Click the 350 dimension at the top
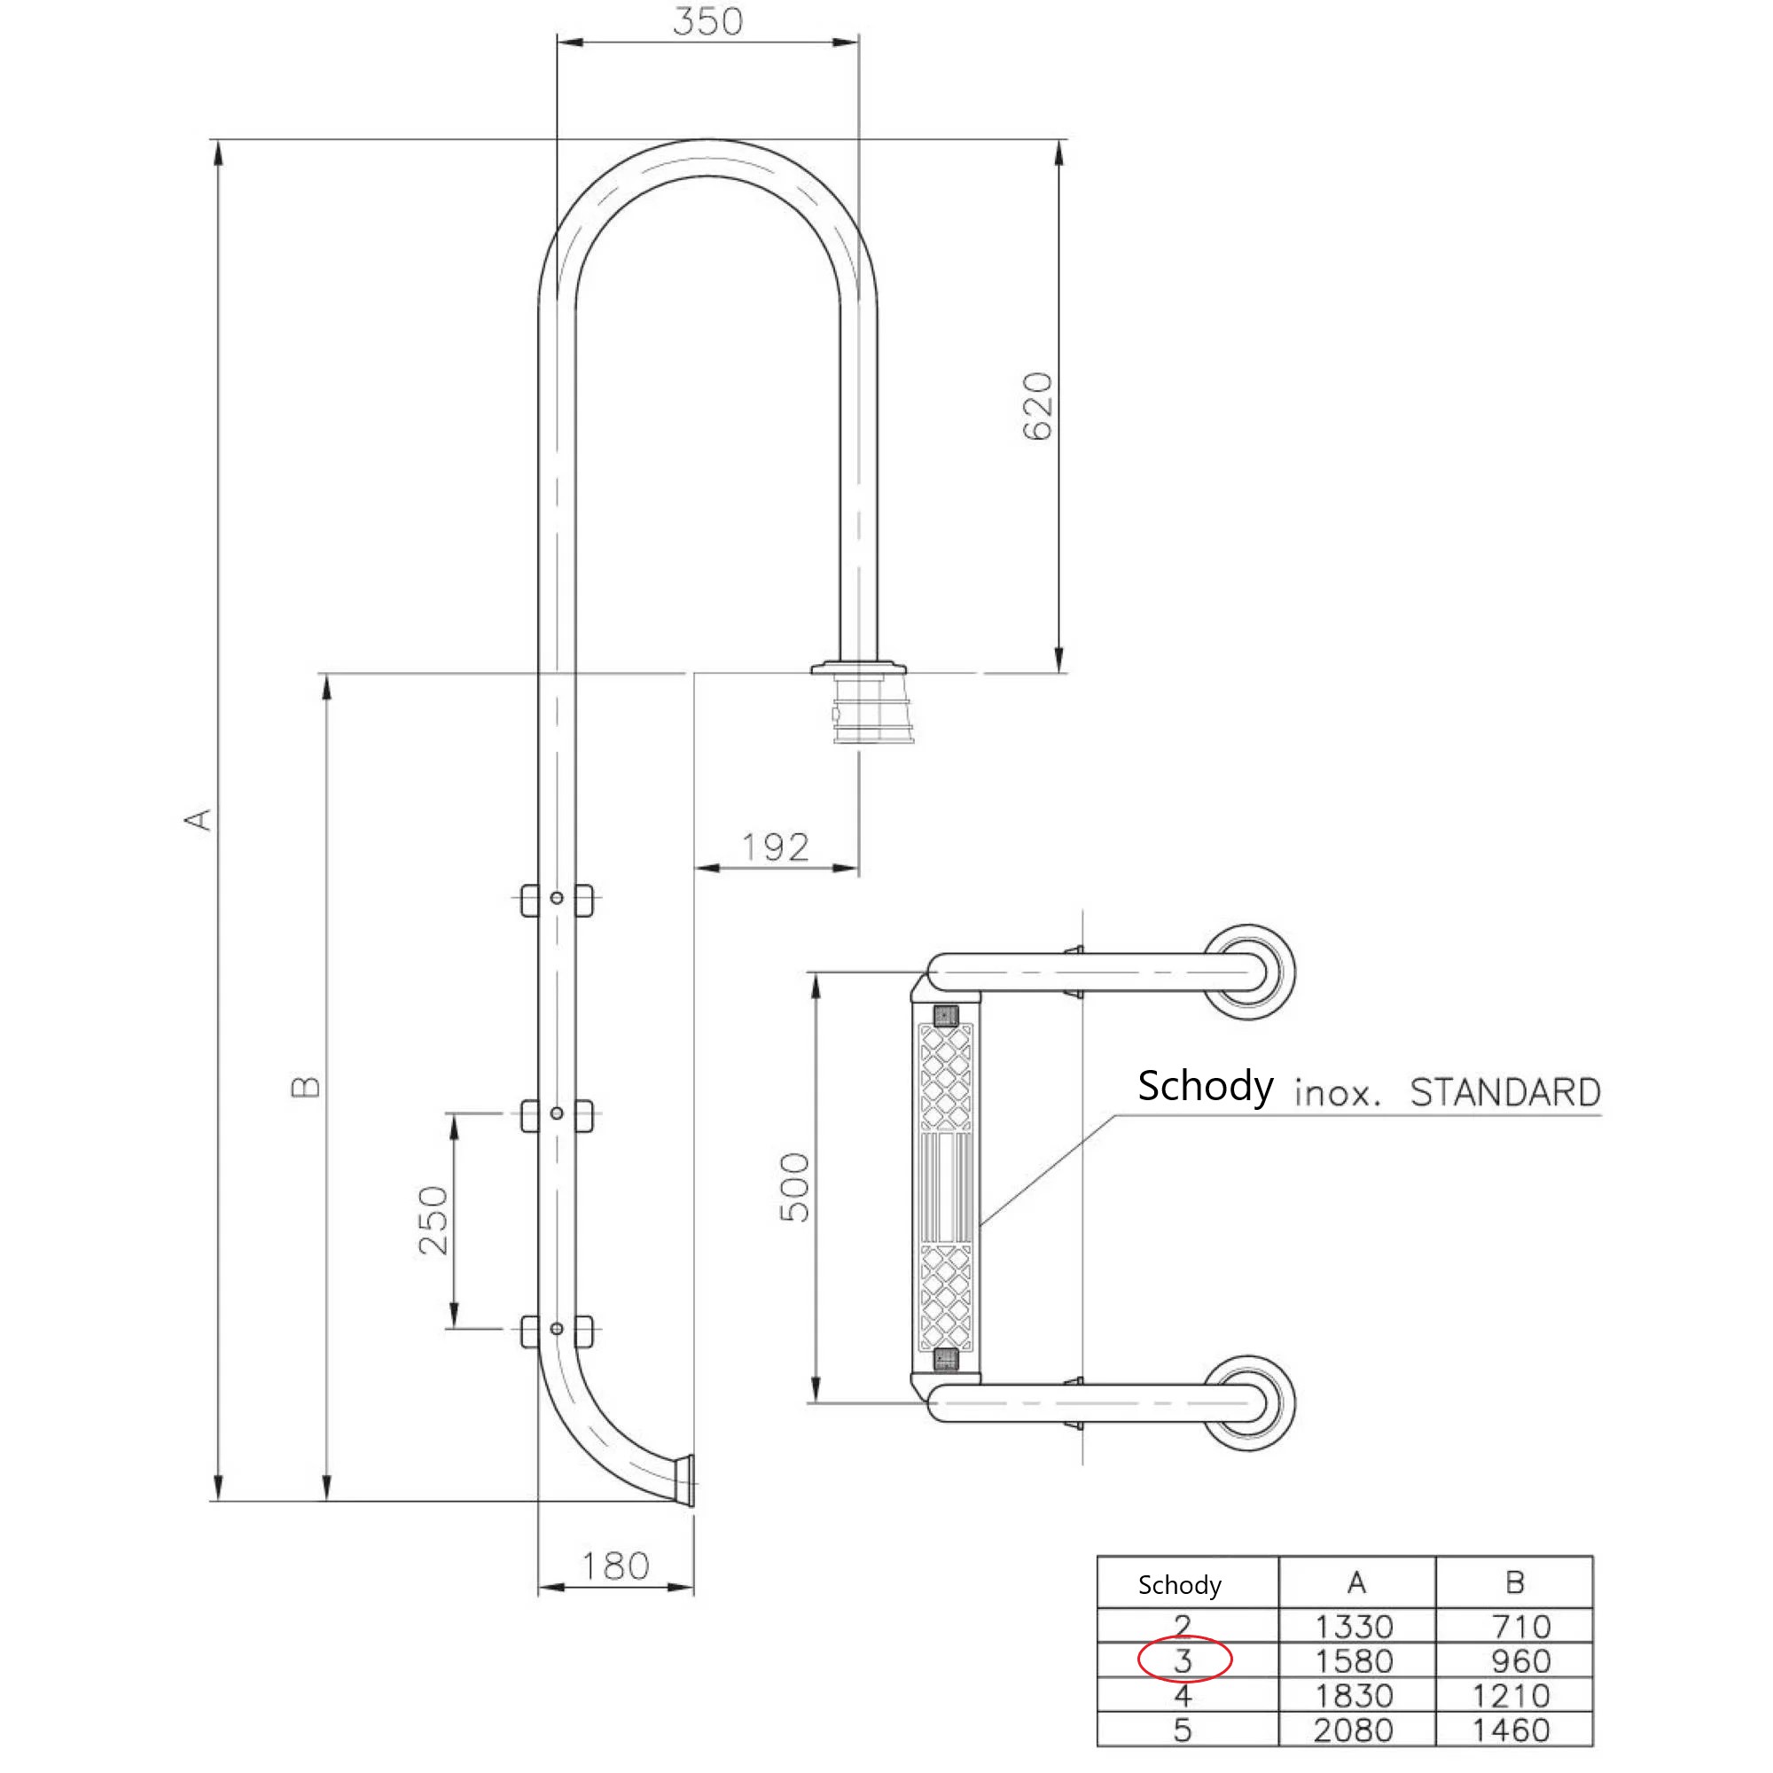click(x=707, y=21)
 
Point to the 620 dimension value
click(x=1038, y=407)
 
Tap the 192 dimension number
click(x=776, y=847)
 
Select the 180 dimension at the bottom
click(x=615, y=1566)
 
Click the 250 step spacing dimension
click(x=433, y=1221)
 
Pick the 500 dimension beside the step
click(x=794, y=1188)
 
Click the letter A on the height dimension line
click(x=199, y=818)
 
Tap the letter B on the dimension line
click(x=306, y=1087)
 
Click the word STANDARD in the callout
click(x=1505, y=1093)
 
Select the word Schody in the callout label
click(x=1205, y=1086)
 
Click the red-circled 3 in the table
click(x=1183, y=1660)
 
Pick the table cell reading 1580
click(x=1355, y=1661)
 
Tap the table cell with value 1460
click(x=1511, y=1730)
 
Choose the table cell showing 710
click(x=1520, y=1627)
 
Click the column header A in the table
click(x=1356, y=1583)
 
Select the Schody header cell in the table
click(x=1179, y=1585)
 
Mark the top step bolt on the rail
click(x=557, y=897)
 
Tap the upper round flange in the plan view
click(x=1249, y=971)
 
